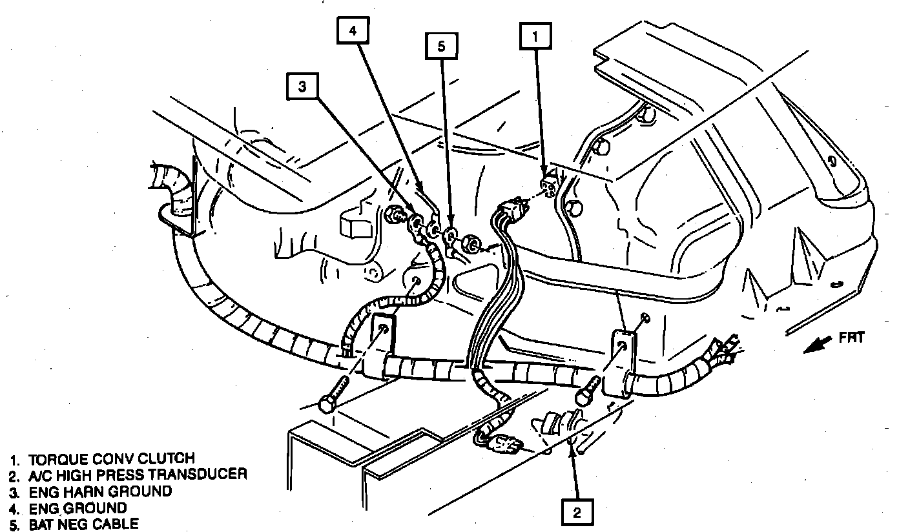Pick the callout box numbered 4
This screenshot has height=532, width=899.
pyautogui.click(x=353, y=30)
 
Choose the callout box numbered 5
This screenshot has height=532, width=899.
pyautogui.click(x=441, y=46)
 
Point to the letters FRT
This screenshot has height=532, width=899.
pyautogui.click(x=852, y=336)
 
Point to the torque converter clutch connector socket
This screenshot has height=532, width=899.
pyautogui.click(x=549, y=185)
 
